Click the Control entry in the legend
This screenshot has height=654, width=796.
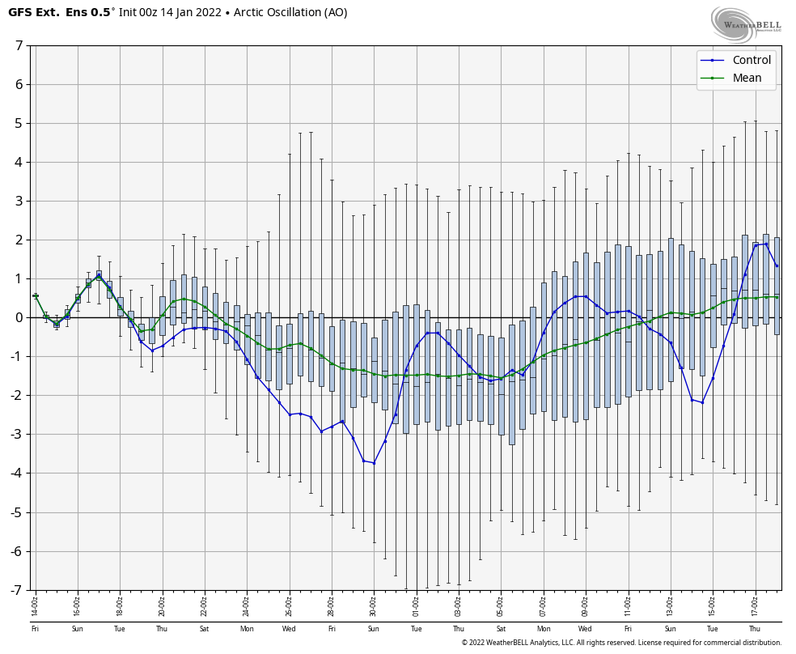point(752,60)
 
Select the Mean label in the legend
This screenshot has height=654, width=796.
point(747,78)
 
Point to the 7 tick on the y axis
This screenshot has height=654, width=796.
point(19,45)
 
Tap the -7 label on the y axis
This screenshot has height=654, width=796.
point(16,590)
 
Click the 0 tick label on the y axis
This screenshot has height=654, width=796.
point(19,317)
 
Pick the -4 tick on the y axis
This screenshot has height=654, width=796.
point(16,474)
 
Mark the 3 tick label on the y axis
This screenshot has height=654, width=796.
point(19,201)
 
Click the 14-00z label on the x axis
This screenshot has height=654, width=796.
point(35,603)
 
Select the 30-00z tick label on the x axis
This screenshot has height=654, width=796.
point(373,603)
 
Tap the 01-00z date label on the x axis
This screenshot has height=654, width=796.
point(416,603)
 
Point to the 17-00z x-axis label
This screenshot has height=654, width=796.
point(754,603)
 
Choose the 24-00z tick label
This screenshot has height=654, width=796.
point(246,603)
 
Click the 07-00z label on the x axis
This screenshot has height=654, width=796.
point(543,603)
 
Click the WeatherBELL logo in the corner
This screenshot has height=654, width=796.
point(745,24)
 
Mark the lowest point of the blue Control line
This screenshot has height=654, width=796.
point(374,463)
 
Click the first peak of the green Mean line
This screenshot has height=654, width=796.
point(99,277)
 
